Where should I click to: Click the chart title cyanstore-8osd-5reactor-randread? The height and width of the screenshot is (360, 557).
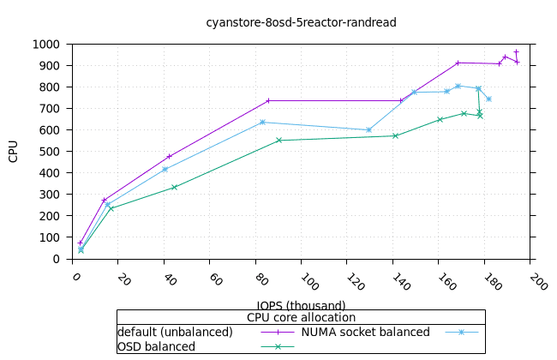(x=301, y=22)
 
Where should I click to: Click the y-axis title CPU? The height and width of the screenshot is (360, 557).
(x=14, y=151)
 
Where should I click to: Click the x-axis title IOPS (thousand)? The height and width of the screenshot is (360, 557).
(x=301, y=305)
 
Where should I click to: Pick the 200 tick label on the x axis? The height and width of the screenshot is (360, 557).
(x=536, y=281)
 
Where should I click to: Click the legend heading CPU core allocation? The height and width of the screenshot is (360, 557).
(x=301, y=317)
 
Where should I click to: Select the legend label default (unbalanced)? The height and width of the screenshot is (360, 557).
(x=175, y=332)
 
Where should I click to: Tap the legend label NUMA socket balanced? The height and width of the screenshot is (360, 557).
(x=365, y=332)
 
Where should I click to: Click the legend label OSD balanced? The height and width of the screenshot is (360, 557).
(x=156, y=346)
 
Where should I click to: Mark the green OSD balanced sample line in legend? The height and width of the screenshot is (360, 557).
(x=277, y=346)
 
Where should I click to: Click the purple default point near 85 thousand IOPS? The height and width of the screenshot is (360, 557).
(x=268, y=100)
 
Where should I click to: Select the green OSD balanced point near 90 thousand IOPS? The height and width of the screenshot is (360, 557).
(x=279, y=140)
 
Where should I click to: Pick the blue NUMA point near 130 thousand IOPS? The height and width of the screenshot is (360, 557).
(x=369, y=129)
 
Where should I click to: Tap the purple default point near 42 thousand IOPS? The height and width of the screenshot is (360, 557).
(x=170, y=156)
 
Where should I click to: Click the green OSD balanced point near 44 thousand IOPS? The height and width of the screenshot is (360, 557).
(x=174, y=187)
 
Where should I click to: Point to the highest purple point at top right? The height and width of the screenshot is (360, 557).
(x=516, y=51)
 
